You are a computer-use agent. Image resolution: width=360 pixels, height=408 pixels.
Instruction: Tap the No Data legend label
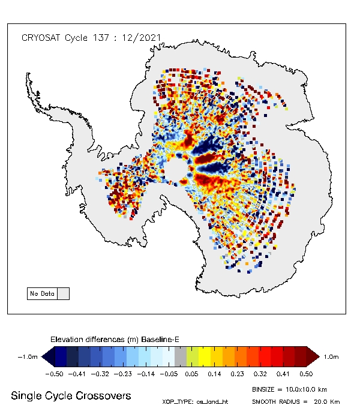point(42,294)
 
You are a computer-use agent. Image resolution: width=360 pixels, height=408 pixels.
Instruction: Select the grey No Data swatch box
point(62,294)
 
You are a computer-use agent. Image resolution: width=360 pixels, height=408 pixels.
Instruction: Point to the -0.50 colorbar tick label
point(55,373)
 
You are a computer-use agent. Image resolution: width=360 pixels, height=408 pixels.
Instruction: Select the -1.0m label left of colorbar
point(28,357)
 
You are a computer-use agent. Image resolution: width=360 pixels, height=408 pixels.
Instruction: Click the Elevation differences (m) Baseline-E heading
point(115,340)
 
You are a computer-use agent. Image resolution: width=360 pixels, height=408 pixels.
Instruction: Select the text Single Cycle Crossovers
point(71,396)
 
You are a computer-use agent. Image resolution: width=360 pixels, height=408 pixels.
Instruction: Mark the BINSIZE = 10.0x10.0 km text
point(290,389)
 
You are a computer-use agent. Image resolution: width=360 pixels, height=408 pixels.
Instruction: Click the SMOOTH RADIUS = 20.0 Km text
point(296,401)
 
